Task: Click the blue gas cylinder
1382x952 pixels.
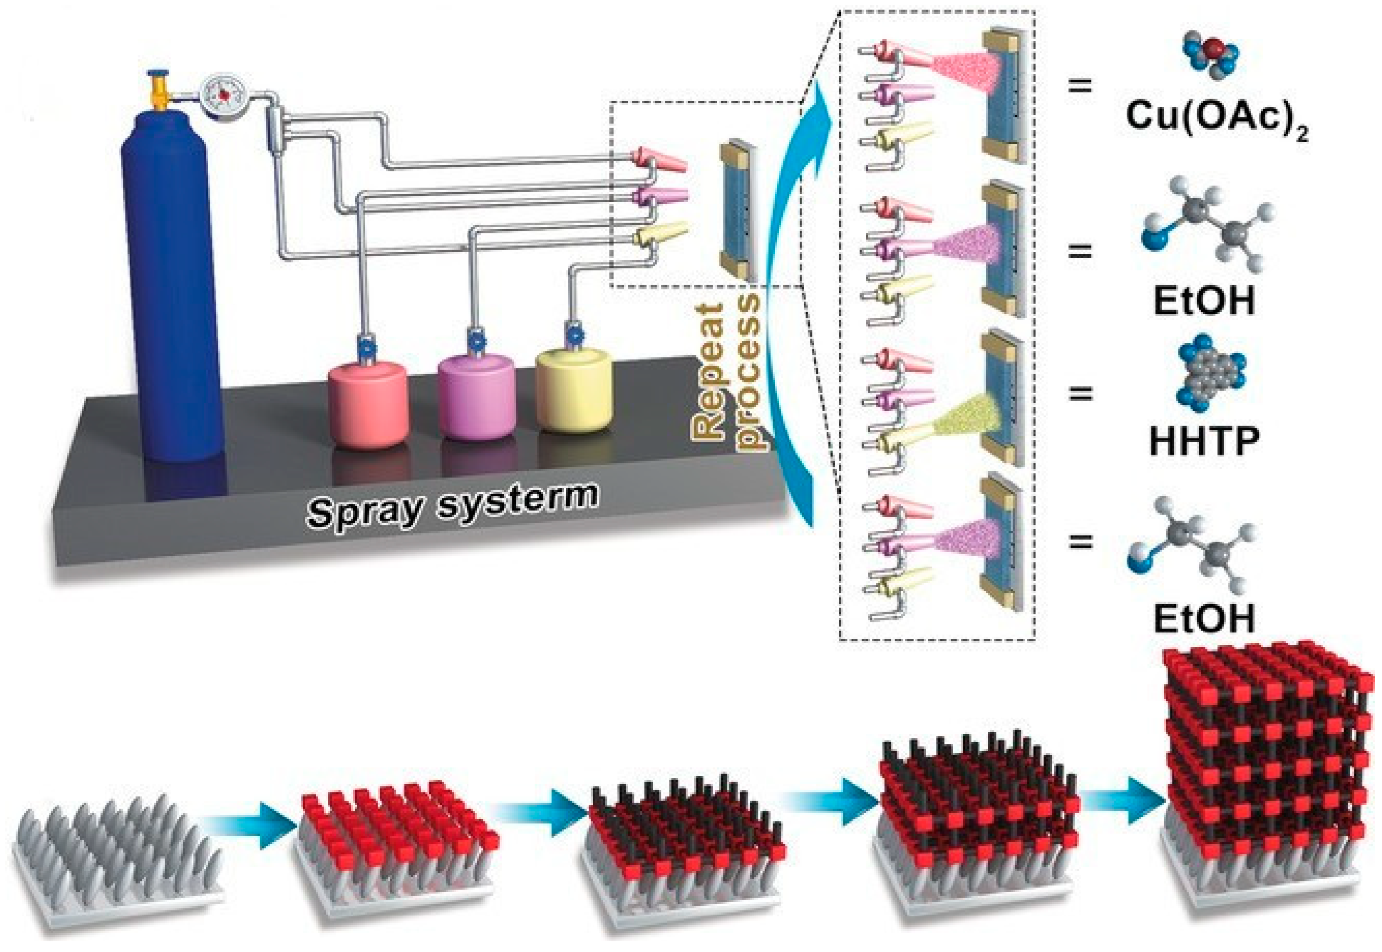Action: point(173,286)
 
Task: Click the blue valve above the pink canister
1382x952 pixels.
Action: point(365,346)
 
